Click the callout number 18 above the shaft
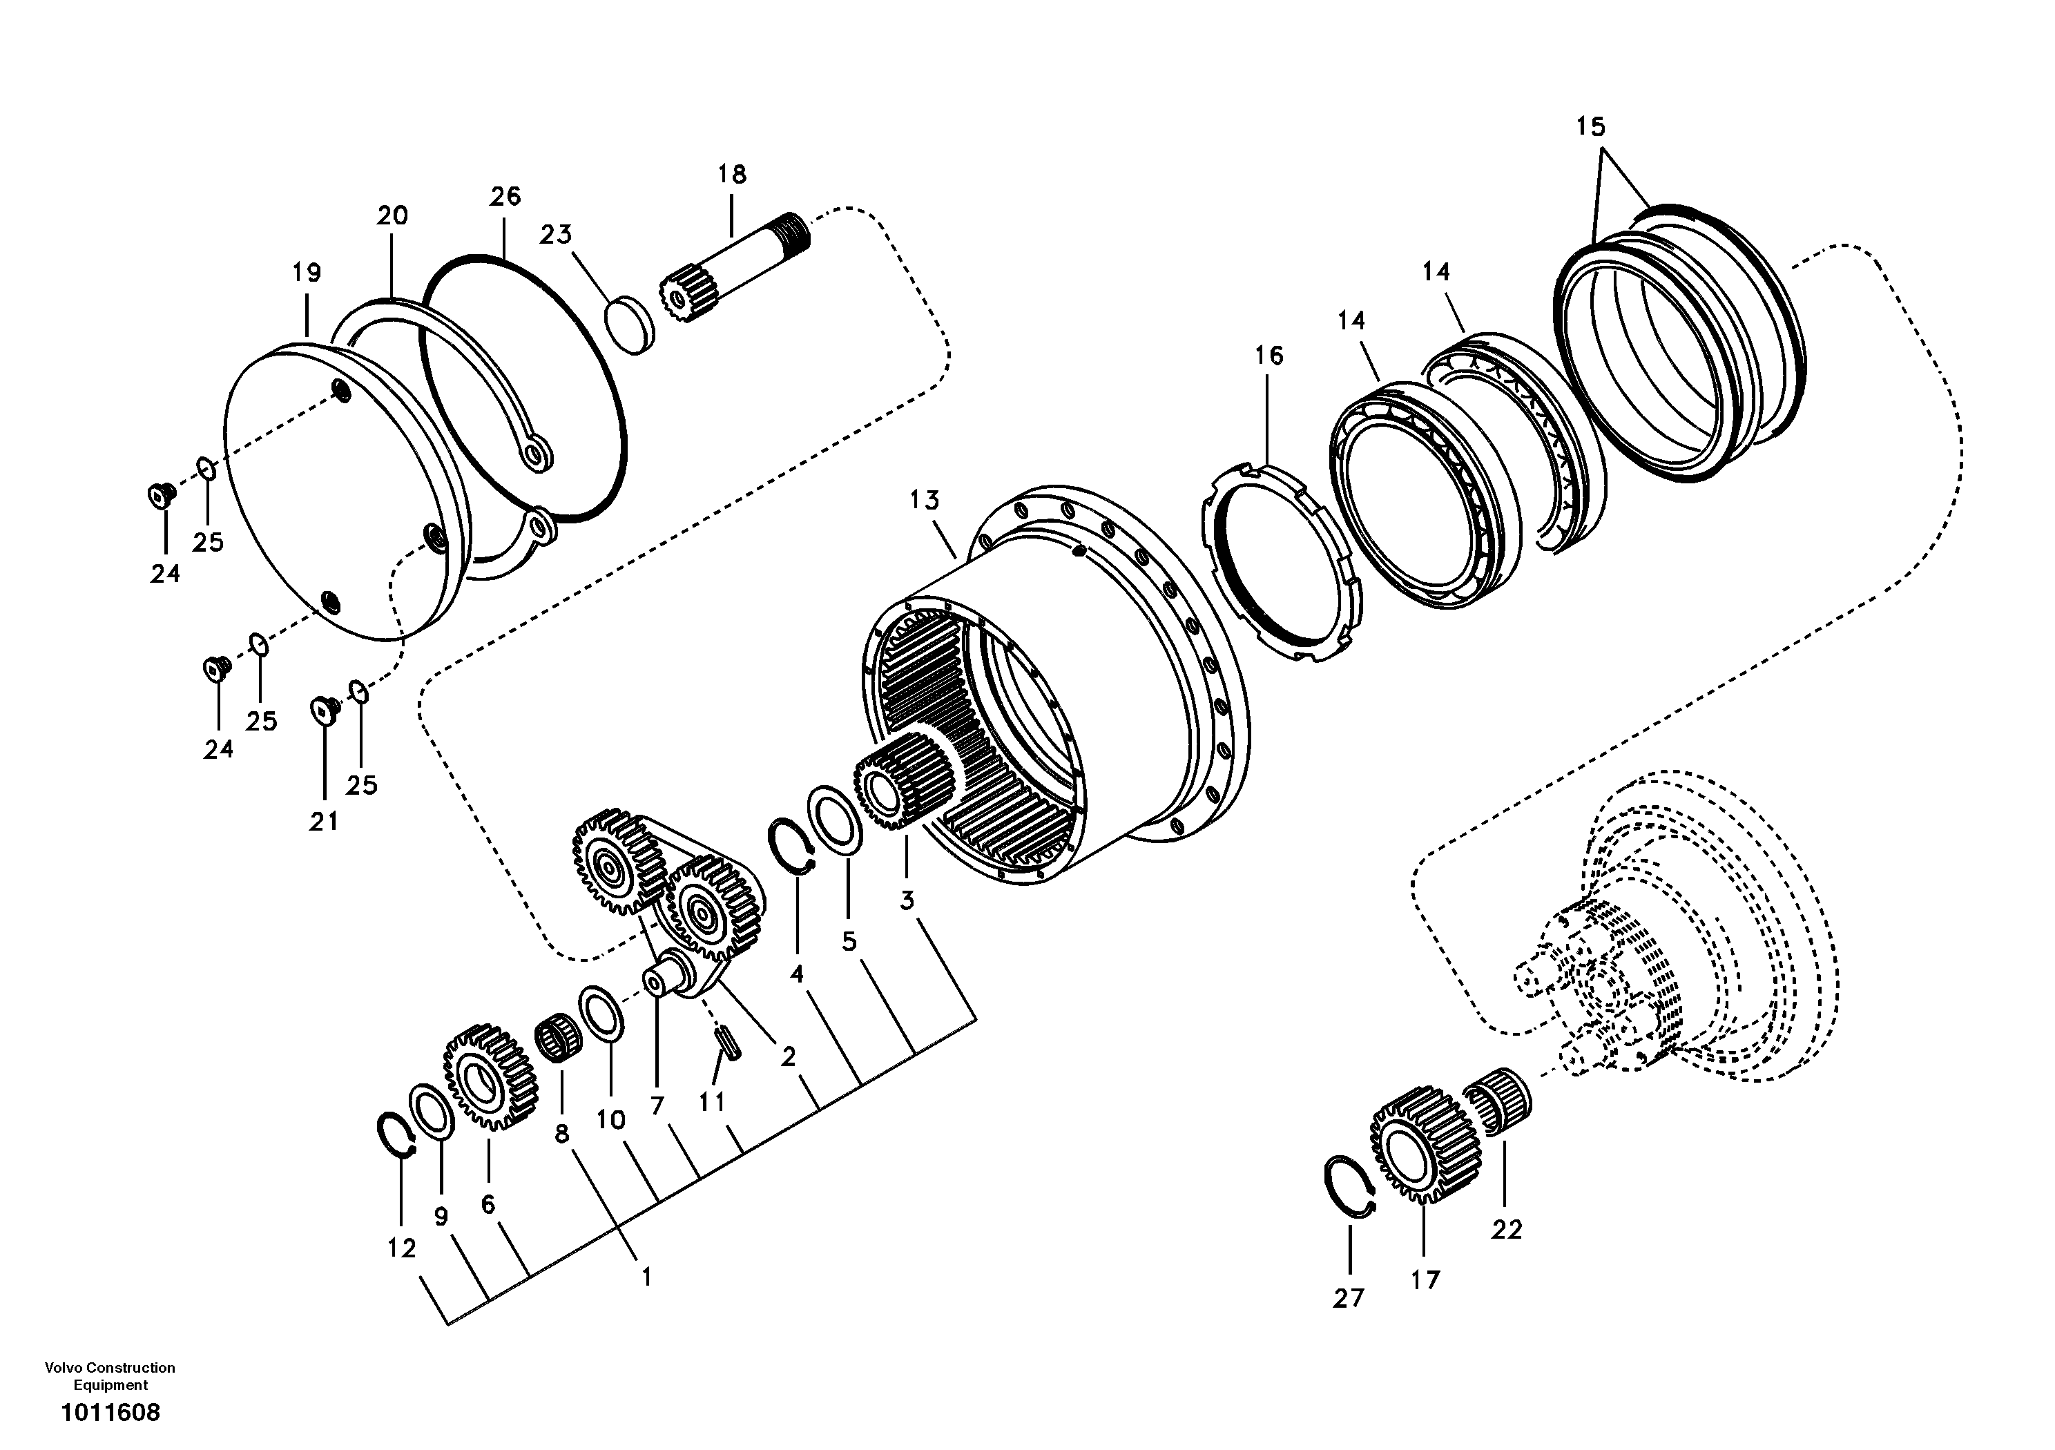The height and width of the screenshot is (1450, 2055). tap(731, 175)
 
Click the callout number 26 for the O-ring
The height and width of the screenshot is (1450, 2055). tap(505, 197)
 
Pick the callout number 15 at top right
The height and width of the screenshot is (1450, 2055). tap(1590, 127)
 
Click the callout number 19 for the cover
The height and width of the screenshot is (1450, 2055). tap(306, 272)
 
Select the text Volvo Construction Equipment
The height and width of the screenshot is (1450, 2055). tap(110, 1375)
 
